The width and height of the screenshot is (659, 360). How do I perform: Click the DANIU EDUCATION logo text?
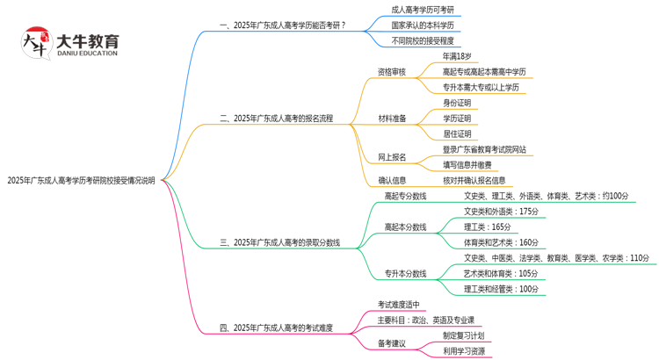[86, 53]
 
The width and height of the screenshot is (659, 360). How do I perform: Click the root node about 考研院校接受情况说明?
[81, 181]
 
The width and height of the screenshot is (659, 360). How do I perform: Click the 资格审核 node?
[392, 72]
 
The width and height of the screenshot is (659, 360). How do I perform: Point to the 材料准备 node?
[392, 119]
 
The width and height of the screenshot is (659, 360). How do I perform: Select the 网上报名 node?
[392, 157]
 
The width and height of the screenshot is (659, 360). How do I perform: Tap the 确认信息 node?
[392, 181]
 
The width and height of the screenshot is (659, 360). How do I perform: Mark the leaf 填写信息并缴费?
[479, 165]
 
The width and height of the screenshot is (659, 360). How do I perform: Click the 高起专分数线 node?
[405, 196]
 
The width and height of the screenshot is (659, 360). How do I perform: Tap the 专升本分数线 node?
[405, 273]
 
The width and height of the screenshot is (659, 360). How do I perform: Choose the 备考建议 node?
[392, 343]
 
